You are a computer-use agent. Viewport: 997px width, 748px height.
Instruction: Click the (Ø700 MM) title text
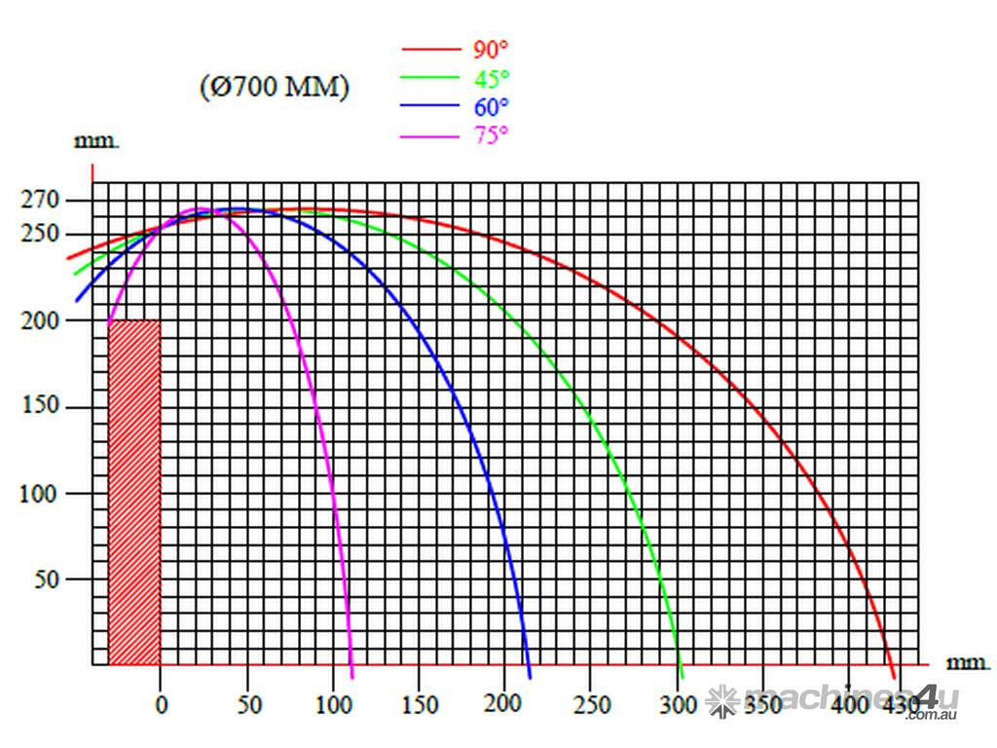click(275, 88)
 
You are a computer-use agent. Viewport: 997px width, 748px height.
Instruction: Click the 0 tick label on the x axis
click(162, 704)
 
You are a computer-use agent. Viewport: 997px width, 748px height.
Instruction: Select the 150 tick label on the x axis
click(420, 704)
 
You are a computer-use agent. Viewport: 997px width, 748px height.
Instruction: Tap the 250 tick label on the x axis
click(591, 704)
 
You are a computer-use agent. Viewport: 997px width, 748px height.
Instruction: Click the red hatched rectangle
click(134, 492)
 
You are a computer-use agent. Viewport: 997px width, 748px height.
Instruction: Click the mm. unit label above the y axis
click(97, 141)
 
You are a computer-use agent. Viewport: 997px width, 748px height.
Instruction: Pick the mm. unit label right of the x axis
click(969, 662)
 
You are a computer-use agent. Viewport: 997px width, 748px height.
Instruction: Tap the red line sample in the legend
click(429, 49)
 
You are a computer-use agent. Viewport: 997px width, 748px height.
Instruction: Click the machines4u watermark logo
click(832, 701)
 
